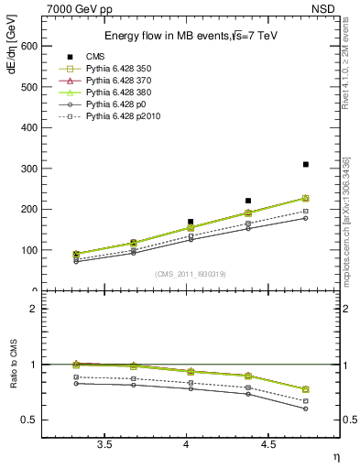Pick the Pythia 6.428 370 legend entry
tap(119, 81)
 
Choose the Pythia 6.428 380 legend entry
tap(119, 93)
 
